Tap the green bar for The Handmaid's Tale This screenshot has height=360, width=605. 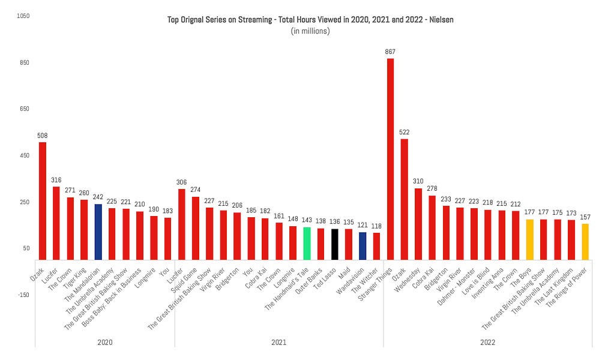point(307,243)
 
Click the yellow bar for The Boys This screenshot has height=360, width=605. point(529,239)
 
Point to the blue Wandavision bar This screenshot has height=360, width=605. point(363,246)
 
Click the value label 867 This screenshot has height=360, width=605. point(390,52)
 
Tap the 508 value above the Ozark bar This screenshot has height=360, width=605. point(42,136)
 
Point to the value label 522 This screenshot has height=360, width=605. point(405,132)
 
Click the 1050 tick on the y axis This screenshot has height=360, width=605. point(24,16)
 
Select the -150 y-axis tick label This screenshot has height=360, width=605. point(23,295)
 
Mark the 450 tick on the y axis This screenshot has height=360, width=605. point(24,155)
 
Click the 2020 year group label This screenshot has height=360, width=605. point(105,342)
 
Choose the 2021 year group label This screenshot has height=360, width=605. point(278,342)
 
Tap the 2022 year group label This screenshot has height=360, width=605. point(487,342)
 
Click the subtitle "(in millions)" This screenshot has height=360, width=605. point(310,31)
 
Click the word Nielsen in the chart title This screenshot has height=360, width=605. point(440,20)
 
